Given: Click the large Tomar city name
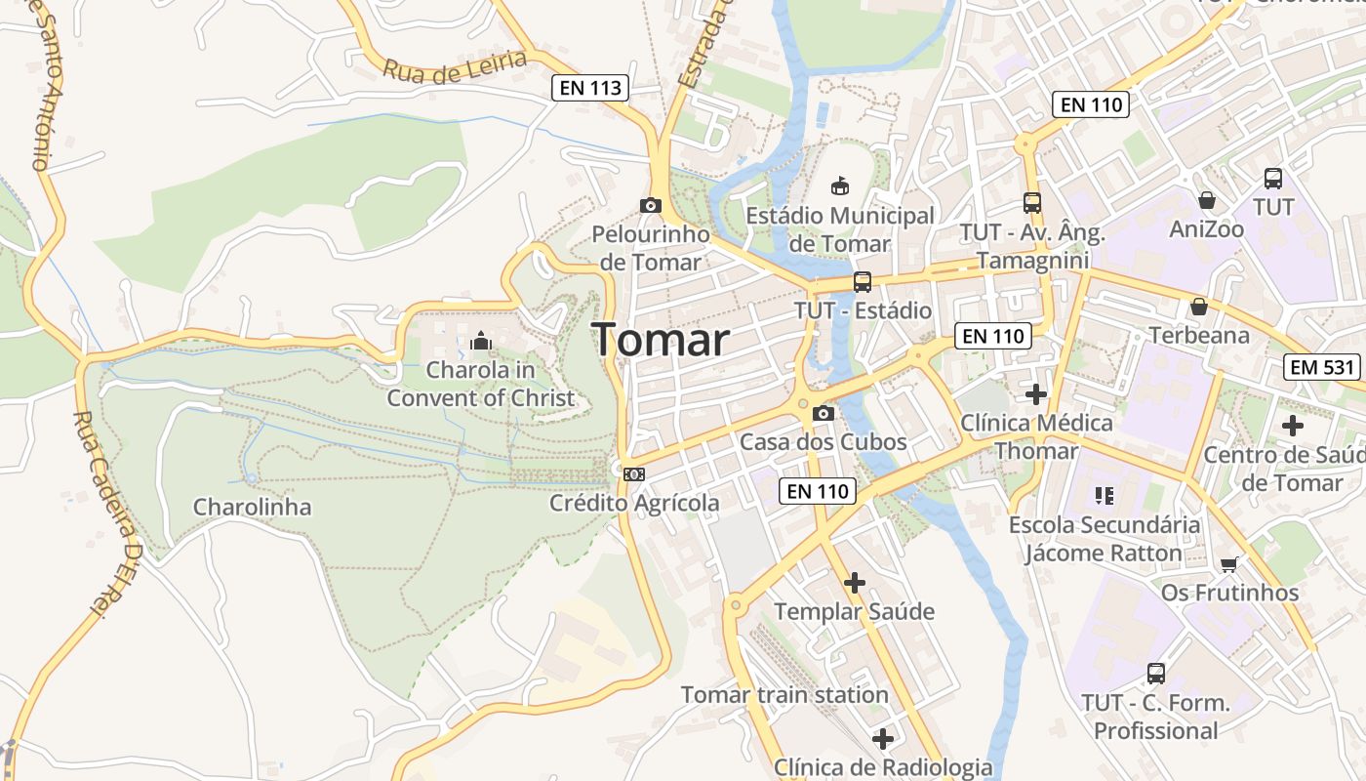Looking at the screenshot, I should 661,340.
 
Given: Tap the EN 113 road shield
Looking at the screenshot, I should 590,88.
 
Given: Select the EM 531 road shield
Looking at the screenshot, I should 1322,367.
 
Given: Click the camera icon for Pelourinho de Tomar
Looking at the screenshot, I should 651,205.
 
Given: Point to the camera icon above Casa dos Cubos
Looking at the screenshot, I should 824,413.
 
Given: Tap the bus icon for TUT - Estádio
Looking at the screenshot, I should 862,282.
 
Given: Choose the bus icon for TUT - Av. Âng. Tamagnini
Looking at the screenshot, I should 1032,203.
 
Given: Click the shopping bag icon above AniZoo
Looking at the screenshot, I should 1207,200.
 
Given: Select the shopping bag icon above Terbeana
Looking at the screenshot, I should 1199,307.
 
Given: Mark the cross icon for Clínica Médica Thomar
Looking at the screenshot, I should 1036,394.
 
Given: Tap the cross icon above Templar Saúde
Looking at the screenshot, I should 855,583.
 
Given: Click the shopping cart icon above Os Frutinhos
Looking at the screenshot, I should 1229,564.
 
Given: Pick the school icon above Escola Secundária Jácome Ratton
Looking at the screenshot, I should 1105,496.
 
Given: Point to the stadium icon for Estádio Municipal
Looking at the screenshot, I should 839,185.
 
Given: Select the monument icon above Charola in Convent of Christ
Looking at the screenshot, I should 480,342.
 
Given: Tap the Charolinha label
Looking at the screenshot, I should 253,507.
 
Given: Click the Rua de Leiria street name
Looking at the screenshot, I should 455,65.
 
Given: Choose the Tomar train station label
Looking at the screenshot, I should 784,695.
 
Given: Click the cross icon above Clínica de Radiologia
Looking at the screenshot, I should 883,738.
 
